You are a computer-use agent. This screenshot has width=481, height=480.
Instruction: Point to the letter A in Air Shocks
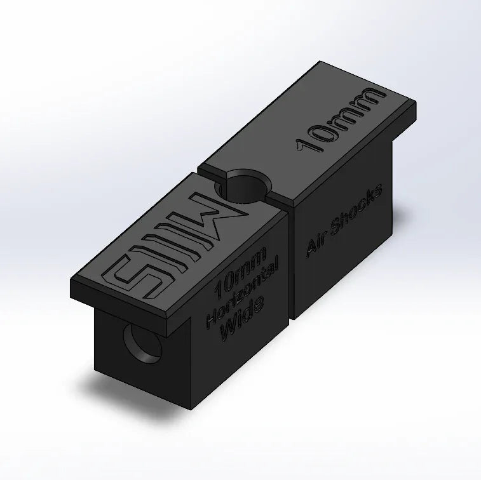coord(311,248)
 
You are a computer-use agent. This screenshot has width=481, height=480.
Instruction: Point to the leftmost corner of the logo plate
coord(73,281)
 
